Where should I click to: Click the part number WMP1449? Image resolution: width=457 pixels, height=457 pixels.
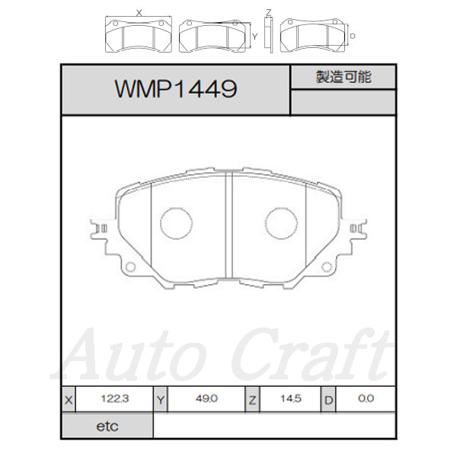click(x=176, y=88)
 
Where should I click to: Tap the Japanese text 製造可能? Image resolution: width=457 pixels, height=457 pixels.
click(x=344, y=77)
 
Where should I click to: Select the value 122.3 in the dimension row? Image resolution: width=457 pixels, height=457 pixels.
click(x=114, y=398)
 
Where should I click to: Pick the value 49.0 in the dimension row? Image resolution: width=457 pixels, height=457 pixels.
click(x=206, y=398)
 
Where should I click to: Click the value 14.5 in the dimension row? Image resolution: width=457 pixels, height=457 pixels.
click(x=291, y=398)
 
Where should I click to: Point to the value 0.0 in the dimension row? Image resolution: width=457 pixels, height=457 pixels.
click(x=366, y=398)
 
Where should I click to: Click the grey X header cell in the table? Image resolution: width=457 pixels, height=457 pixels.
click(x=69, y=399)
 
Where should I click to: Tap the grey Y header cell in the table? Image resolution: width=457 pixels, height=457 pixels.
click(x=161, y=399)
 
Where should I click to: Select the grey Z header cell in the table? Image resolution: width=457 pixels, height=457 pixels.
click(x=252, y=399)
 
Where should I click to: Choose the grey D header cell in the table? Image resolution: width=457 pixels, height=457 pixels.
click(x=328, y=399)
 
